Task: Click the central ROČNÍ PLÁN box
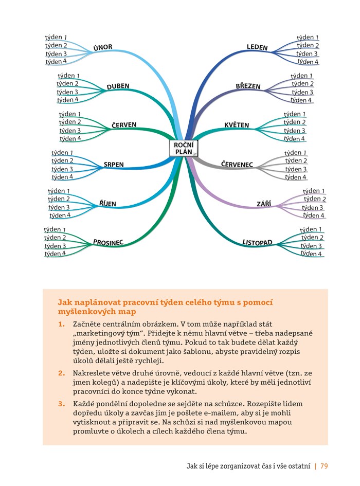[x=183, y=148]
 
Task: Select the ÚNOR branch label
[x=103, y=47]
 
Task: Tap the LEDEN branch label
[x=257, y=47]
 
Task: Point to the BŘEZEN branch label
[x=248, y=86]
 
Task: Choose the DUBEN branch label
[x=118, y=86]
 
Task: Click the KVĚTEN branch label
[x=237, y=125]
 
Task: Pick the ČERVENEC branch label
[x=237, y=164]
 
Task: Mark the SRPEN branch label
[x=114, y=165]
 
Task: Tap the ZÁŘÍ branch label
[x=264, y=204]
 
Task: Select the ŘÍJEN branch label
[x=108, y=204]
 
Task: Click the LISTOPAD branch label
[x=257, y=242]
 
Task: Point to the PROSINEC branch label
[x=108, y=242]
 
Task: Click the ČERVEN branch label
[x=124, y=125]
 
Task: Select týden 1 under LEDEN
[x=308, y=38]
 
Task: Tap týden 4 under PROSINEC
[x=55, y=254]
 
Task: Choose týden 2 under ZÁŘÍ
[x=315, y=199]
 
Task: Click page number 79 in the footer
[x=324, y=466]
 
